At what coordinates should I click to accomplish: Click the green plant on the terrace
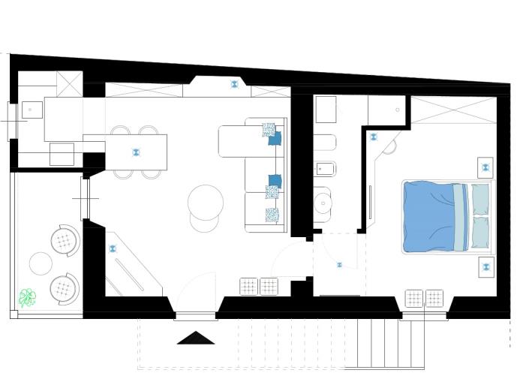28,298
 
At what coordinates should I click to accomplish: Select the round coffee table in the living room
205,200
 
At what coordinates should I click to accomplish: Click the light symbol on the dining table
136,152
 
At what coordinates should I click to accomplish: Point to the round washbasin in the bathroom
324,201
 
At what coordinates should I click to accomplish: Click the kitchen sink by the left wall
31,110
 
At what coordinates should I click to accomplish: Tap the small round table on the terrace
41,263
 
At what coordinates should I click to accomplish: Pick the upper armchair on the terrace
65,240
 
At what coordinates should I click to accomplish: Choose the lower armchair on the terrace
65,287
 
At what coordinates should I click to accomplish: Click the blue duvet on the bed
430,216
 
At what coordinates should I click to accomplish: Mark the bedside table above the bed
485,166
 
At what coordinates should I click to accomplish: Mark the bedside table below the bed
485,266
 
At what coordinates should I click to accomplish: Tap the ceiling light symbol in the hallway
339,264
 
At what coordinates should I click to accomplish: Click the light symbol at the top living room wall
235,84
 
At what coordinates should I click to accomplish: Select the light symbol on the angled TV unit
113,248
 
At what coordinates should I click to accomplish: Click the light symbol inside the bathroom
374,137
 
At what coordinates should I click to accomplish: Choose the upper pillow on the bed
480,199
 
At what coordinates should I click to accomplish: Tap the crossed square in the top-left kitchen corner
70,83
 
